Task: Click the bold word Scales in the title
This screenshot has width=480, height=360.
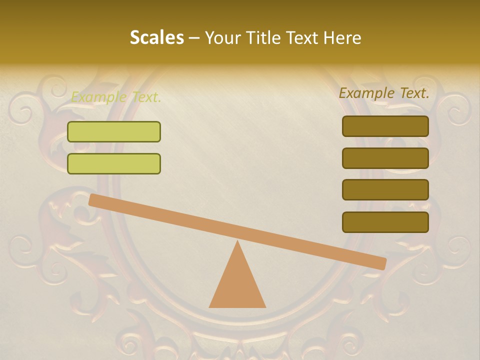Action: click(156, 37)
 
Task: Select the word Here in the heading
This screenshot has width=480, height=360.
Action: click(342, 37)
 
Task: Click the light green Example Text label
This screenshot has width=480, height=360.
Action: click(116, 97)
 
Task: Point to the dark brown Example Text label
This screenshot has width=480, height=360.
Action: click(384, 93)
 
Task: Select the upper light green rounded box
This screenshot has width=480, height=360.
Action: click(114, 131)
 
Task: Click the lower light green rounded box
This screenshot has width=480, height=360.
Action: click(114, 163)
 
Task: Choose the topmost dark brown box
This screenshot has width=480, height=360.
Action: click(385, 126)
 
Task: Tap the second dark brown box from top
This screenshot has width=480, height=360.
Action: click(385, 158)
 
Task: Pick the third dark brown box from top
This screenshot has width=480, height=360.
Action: click(385, 190)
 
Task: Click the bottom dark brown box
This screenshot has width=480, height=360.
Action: click(385, 222)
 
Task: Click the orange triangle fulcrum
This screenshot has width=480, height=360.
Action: click(237, 285)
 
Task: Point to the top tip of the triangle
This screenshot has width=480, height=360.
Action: click(237, 241)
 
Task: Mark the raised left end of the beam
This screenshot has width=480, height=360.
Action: click(92, 200)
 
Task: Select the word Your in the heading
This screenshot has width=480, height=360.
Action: click(222, 37)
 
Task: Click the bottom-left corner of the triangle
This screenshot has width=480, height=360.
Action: click(210, 306)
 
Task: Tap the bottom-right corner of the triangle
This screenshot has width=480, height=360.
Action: click(265, 306)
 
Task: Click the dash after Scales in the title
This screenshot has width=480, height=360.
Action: click(194, 38)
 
